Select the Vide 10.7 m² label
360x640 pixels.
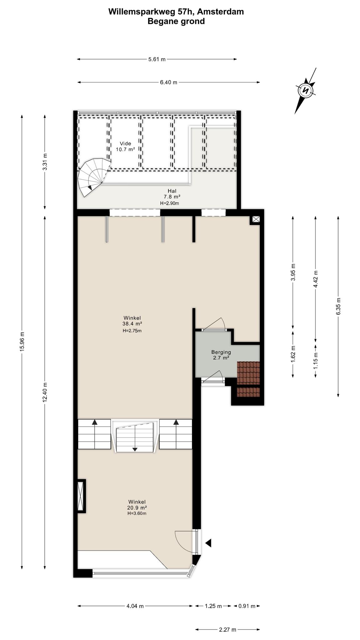coord(125,147)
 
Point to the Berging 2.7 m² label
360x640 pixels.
coord(221,355)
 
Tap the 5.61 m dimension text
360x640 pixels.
coord(157,59)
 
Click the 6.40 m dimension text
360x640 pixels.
coord(168,82)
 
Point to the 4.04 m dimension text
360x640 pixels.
coord(135,606)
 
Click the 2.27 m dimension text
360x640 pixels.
coord(227,629)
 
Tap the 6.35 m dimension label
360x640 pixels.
coord(338,307)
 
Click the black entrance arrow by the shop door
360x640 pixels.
coord(208,543)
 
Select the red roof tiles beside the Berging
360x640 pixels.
coord(248,379)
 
